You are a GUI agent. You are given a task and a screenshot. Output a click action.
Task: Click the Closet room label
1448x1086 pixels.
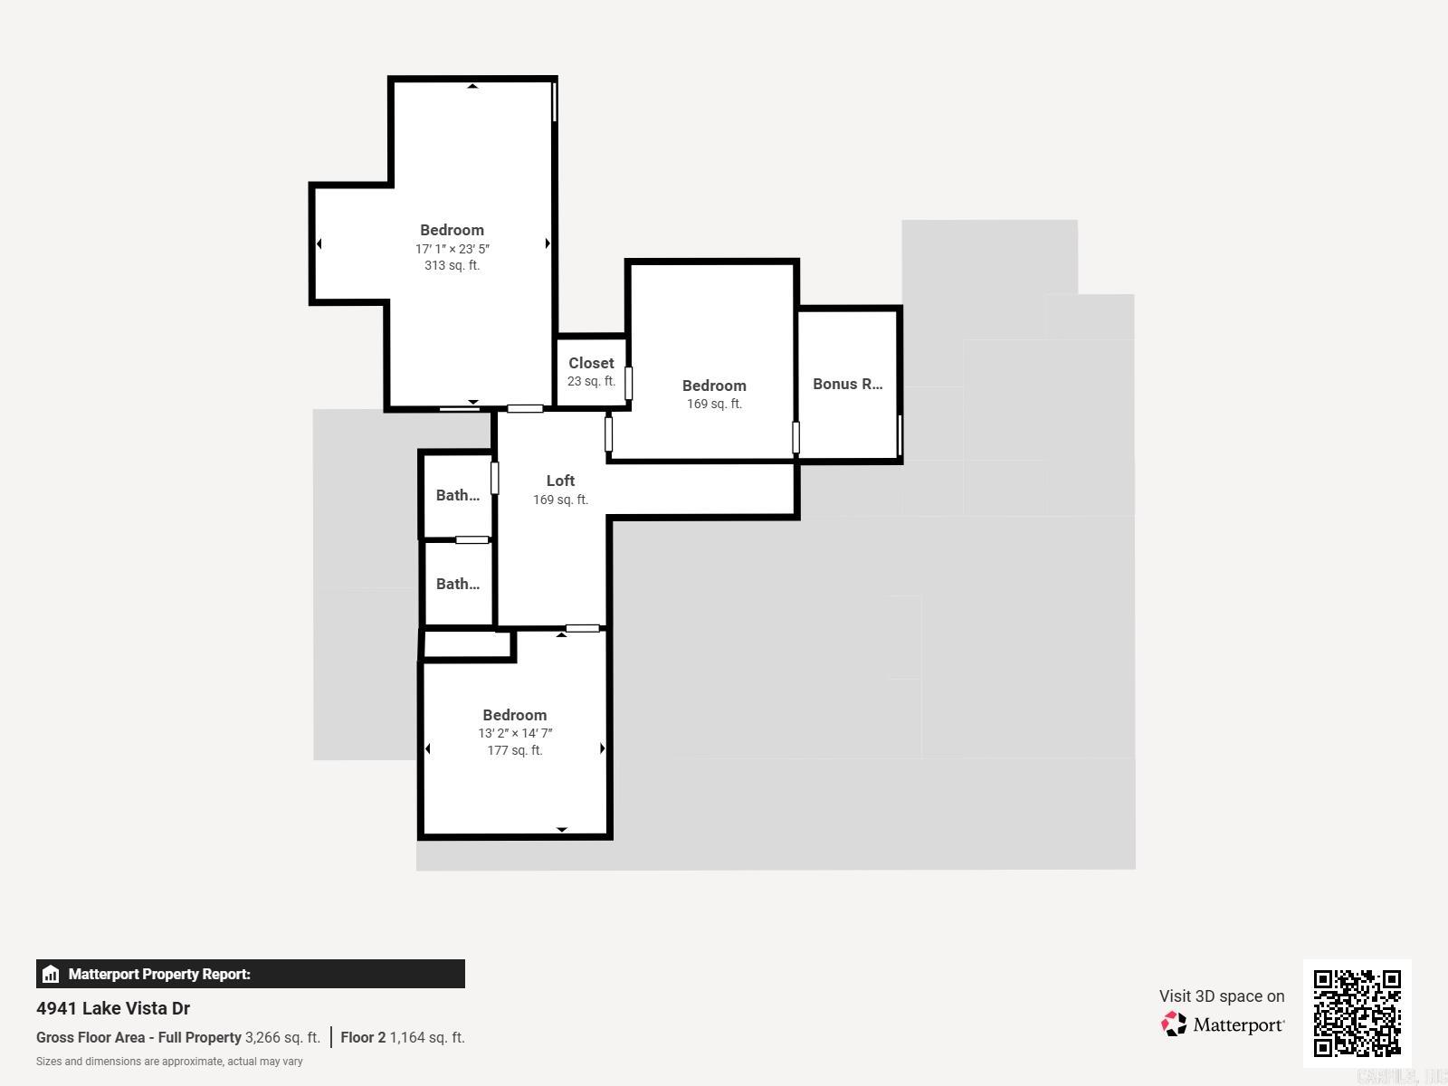(591, 363)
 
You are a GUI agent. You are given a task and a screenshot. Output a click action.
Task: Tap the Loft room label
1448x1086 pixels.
(560, 481)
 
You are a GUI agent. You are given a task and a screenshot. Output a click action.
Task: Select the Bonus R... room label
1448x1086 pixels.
(847, 384)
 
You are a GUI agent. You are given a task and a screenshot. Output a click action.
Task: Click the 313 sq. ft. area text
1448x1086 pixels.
(452, 265)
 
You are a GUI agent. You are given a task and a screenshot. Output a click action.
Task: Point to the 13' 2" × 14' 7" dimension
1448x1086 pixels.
(515, 733)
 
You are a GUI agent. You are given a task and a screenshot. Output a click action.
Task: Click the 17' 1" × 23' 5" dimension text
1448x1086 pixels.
(452, 248)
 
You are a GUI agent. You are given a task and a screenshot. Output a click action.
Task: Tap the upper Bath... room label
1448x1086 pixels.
(457, 495)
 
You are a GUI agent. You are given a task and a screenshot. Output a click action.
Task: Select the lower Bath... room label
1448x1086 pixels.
(457, 584)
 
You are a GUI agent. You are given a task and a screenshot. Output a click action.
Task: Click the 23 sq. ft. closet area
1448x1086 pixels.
(591, 381)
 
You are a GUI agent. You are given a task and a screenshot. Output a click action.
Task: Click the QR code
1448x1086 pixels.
(1357, 1013)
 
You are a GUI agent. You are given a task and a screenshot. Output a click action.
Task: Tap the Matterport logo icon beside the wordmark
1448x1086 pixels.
(1174, 1024)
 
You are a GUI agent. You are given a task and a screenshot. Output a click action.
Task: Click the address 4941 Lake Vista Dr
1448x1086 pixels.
(113, 1008)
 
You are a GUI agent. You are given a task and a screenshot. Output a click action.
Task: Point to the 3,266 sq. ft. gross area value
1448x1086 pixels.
(282, 1037)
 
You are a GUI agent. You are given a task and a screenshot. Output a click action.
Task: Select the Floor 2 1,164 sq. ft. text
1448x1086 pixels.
(403, 1037)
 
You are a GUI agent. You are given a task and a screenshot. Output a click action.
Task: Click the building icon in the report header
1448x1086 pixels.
(51, 974)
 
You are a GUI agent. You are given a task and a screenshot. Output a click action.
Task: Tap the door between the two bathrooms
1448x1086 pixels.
(472, 540)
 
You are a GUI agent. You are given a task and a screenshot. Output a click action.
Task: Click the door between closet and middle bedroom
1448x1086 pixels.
(628, 383)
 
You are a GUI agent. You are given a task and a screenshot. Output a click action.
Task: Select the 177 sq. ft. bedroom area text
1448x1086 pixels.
(515, 750)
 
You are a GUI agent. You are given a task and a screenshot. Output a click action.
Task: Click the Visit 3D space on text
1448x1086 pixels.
(1221, 995)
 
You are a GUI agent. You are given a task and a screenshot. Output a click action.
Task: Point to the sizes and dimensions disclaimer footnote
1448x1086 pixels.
(169, 1061)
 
